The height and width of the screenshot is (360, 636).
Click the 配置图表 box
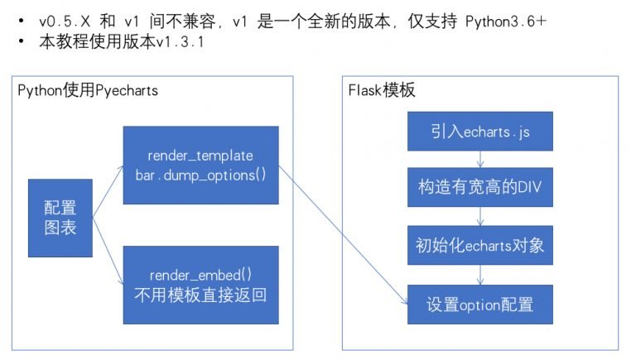coord(60,218)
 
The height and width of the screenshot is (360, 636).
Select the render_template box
coord(200,165)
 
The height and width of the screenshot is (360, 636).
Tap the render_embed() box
coord(200,285)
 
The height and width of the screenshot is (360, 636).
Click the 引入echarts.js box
coord(480,132)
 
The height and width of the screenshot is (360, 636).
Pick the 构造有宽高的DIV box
coord(480,187)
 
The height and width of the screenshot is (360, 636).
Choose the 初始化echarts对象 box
coord(480,245)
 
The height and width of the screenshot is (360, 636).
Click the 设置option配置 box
coord(480,305)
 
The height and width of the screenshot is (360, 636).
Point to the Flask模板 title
coord(382,90)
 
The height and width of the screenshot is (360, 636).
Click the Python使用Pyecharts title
coord(88,90)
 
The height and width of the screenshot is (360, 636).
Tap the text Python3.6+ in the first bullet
coord(506,21)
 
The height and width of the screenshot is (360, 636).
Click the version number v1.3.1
coord(180,41)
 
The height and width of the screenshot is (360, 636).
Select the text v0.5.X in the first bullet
coord(65,21)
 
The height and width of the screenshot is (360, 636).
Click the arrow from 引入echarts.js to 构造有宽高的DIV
coord(480,160)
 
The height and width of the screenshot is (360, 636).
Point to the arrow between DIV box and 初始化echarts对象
coord(480,217)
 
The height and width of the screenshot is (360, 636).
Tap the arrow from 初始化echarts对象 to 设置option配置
coord(480,275)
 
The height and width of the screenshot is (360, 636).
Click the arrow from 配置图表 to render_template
coord(108,191)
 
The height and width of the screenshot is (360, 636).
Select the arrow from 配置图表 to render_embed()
coord(108,251)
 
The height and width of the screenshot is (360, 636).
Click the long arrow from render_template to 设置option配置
coord(343,235)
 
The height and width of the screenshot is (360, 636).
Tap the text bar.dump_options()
coord(200,175)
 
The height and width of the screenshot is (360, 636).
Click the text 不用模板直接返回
coord(200,295)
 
